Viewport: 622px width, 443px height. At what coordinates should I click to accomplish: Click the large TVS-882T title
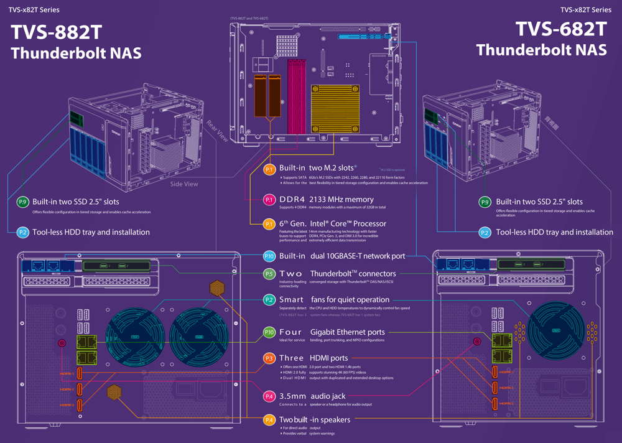(56, 32)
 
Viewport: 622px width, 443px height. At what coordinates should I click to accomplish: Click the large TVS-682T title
(561, 29)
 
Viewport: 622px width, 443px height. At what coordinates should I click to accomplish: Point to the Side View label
(184, 184)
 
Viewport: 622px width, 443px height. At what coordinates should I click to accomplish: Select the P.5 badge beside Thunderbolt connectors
(269, 273)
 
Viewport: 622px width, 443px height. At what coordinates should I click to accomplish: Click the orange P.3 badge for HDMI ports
(269, 358)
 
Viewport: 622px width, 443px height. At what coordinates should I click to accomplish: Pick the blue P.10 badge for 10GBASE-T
(269, 256)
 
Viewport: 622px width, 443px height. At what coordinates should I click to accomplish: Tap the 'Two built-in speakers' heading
(315, 420)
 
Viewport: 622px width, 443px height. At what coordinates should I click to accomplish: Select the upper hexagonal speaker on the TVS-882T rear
(217, 288)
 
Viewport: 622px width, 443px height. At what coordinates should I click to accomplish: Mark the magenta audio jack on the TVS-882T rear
(62, 343)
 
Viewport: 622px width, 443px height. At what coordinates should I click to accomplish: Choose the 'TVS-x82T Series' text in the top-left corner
(36, 10)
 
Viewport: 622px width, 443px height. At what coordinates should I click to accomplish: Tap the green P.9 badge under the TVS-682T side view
(485, 202)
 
